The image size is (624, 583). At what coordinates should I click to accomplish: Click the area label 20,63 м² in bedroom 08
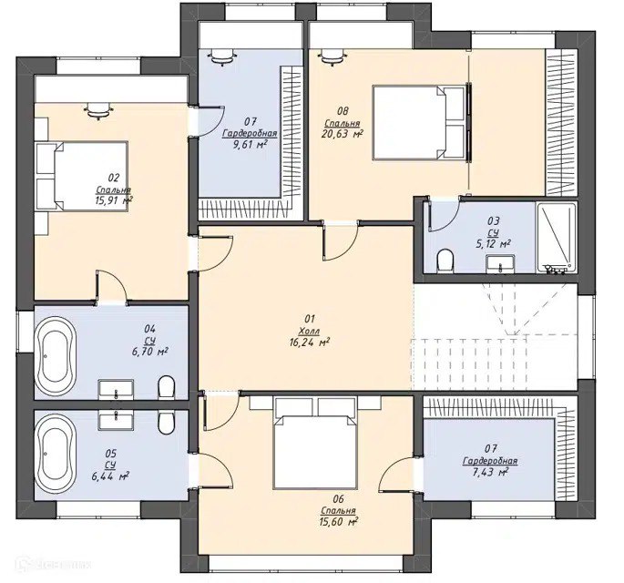click(x=342, y=134)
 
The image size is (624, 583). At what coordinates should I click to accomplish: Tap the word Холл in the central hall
click(x=309, y=331)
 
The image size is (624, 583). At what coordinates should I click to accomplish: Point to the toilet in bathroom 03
click(x=445, y=261)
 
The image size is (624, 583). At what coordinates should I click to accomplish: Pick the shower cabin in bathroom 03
click(x=556, y=238)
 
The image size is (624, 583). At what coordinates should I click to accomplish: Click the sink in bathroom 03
click(x=500, y=264)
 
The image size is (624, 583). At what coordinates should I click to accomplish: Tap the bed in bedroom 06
click(x=314, y=443)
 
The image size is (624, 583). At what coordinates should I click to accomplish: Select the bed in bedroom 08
click(x=419, y=123)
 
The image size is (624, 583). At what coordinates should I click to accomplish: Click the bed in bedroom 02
click(x=82, y=176)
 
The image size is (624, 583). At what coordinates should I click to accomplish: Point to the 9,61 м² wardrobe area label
click(x=250, y=144)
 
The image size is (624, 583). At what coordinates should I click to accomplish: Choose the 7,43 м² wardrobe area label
click(x=490, y=472)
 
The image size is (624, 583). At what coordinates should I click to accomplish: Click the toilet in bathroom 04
click(x=166, y=387)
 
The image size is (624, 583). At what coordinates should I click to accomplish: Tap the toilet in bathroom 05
click(x=166, y=422)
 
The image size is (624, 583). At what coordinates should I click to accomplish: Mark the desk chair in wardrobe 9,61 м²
click(x=220, y=56)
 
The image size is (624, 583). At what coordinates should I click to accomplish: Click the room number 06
click(x=339, y=499)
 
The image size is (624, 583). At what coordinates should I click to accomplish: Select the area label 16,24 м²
click(x=310, y=342)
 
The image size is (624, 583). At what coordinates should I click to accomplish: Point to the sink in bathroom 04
click(x=116, y=389)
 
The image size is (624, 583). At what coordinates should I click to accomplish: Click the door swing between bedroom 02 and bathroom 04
click(x=111, y=285)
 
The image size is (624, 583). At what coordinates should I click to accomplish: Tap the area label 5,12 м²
click(x=494, y=243)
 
